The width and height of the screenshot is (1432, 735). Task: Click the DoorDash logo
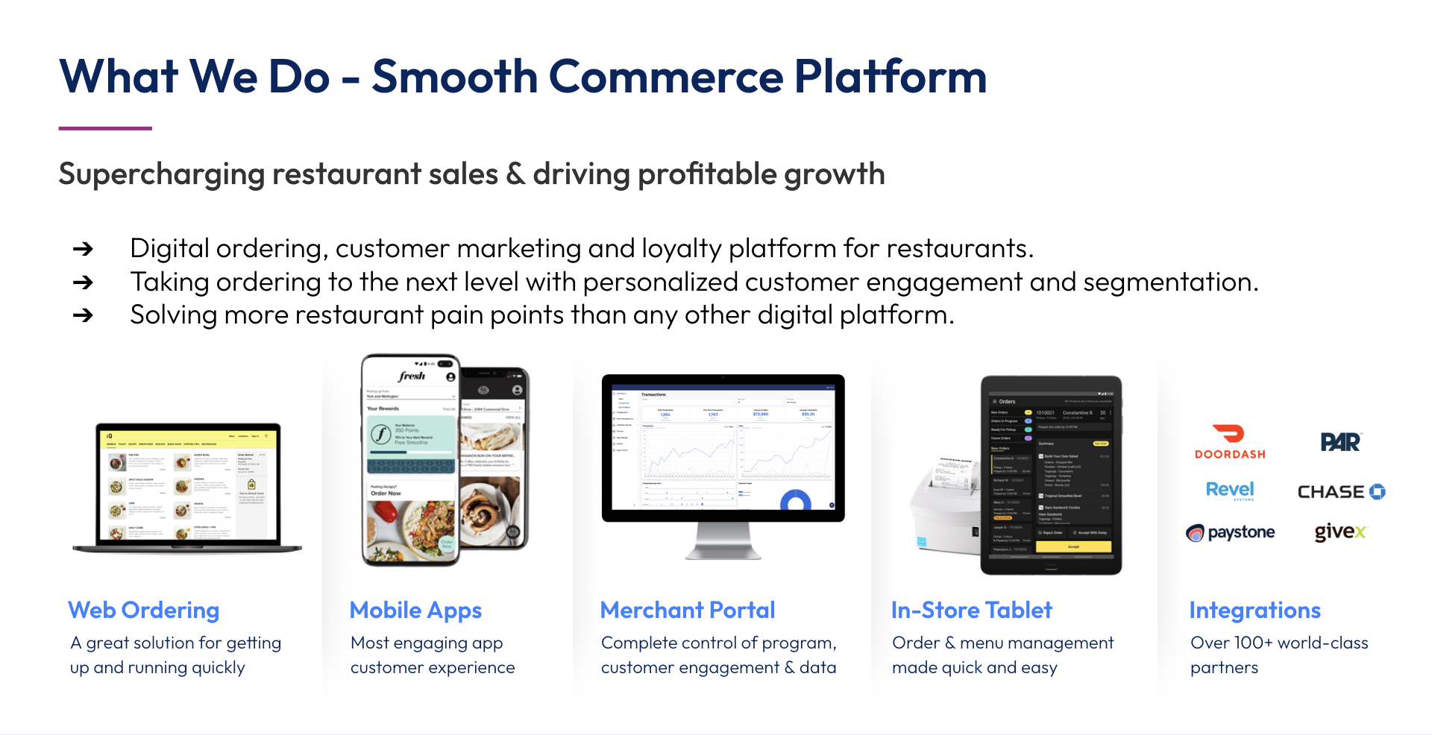pyautogui.click(x=1230, y=441)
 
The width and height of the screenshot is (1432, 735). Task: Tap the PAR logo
pyautogui.click(x=1340, y=442)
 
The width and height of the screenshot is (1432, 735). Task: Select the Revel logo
pyautogui.click(x=1230, y=490)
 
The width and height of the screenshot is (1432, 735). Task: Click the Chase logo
pyautogui.click(x=1341, y=492)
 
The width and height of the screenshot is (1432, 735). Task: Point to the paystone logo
pyautogui.click(x=1231, y=532)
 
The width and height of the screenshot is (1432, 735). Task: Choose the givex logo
pyautogui.click(x=1340, y=531)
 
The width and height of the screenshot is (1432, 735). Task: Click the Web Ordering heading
pyautogui.click(x=144, y=610)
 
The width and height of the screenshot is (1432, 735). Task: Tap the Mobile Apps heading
pyautogui.click(x=415, y=610)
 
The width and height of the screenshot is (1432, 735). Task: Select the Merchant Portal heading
pyautogui.click(x=688, y=610)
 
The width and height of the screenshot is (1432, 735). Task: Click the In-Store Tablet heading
pyautogui.click(x=971, y=610)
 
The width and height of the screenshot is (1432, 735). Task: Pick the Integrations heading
pyautogui.click(x=1254, y=610)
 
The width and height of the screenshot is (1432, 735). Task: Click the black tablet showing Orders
pyautogui.click(x=1051, y=475)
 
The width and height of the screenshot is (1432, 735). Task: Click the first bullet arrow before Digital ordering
pyautogui.click(x=83, y=249)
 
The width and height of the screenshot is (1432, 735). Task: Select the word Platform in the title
pyautogui.click(x=891, y=77)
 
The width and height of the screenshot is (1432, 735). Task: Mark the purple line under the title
pyautogui.click(x=105, y=128)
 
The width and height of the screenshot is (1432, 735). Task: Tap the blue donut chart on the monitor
pyautogui.click(x=795, y=502)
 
